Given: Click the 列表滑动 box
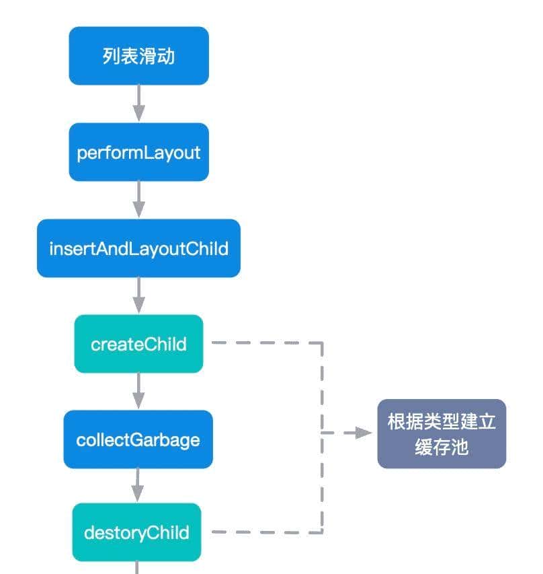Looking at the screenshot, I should coord(138,56).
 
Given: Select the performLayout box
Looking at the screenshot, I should coord(138,152).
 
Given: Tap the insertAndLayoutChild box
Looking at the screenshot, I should coord(138,248).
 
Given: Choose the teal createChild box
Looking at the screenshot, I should coord(138,344).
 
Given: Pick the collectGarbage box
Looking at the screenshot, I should coord(138,439).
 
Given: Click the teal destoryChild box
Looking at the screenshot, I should coord(136,532).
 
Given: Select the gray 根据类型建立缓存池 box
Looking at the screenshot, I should coord(442,434).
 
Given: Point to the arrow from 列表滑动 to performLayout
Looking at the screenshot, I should coord(138,104).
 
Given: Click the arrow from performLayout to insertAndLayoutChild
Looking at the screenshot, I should coord(138,200).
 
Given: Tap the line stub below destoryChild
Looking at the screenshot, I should coord(138,568).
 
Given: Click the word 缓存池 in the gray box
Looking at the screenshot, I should coord(442,447).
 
